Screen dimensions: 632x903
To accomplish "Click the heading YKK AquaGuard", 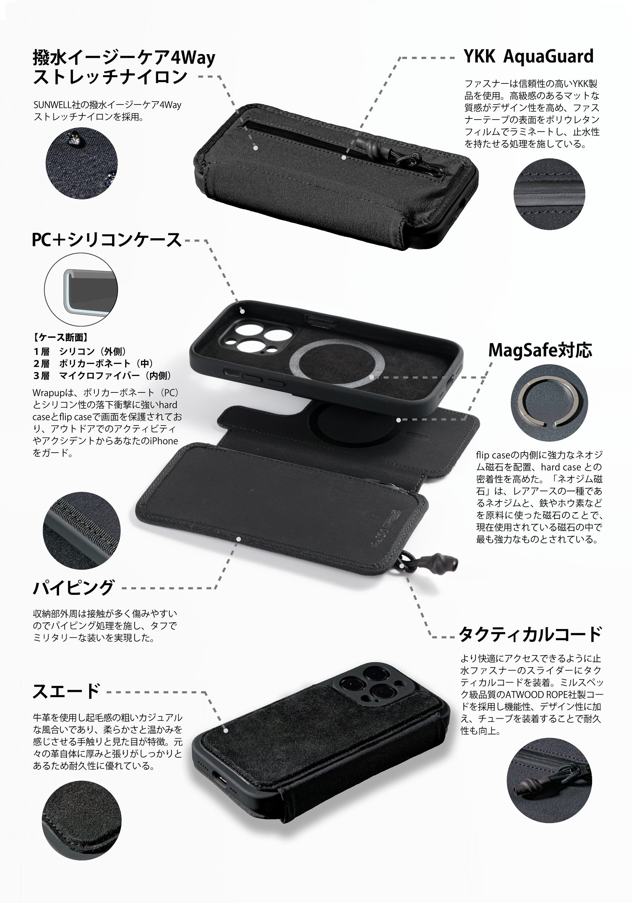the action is [x=528, y=56].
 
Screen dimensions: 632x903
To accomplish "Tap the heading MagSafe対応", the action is [x=540, y=350].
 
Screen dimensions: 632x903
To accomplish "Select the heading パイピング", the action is [x=73, y=588].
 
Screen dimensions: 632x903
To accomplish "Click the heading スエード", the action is [x=66, y=692].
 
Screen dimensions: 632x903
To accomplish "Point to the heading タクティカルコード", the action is [x=530, y=634].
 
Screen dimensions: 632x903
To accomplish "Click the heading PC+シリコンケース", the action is [x=106, y=240].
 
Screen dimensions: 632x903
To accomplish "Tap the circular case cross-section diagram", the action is [x=81, y=289].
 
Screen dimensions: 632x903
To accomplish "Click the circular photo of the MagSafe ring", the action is [x=549, y=403].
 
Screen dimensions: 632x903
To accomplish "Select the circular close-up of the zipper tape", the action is [x=549, y=194].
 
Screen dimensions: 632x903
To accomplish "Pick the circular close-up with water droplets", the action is [x=82, y=163].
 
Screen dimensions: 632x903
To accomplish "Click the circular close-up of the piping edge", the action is [x=82, y=530].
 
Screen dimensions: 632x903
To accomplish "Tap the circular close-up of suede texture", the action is [x=82, y=820].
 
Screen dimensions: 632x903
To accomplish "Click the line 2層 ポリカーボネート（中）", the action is [x=93, y=363].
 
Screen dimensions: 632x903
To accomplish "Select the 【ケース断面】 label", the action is [x=60, y=337].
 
